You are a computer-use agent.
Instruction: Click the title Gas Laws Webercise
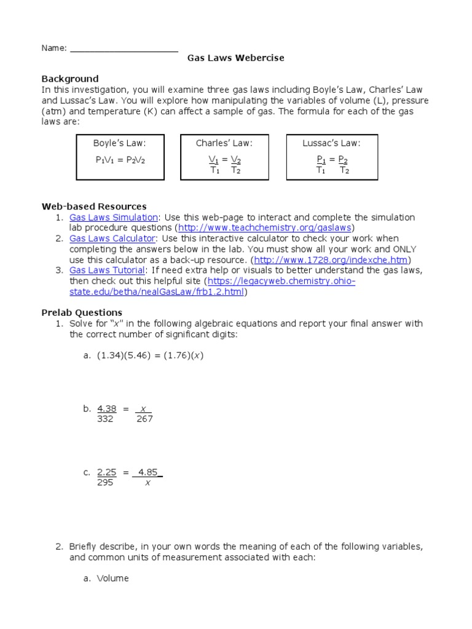pos(236,58)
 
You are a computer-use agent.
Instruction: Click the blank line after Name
pos(124,49)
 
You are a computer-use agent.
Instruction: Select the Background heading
pos(69,79)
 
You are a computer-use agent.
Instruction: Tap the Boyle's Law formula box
pos(120,158)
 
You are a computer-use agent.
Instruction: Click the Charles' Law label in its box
pos(224,143)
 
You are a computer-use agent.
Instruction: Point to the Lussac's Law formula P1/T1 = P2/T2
pos(332,165)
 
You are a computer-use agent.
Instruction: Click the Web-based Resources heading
pos(93,206)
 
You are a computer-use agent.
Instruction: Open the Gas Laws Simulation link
pos(114,217)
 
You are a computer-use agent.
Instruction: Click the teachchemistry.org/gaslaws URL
pos(264,228)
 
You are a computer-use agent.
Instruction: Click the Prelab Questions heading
pos(81,313)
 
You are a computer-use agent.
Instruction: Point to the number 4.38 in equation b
pos(107,408)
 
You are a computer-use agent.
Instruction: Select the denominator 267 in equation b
pos(145,419)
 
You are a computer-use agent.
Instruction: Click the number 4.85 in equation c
pos(147,472)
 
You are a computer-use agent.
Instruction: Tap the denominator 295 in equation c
pos(106,483)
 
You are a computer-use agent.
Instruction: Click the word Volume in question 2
pos(113,578)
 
